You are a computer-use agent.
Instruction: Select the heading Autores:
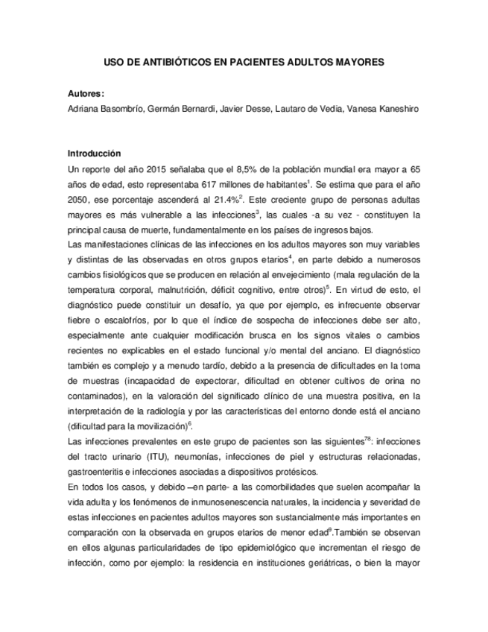point(86,94)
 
